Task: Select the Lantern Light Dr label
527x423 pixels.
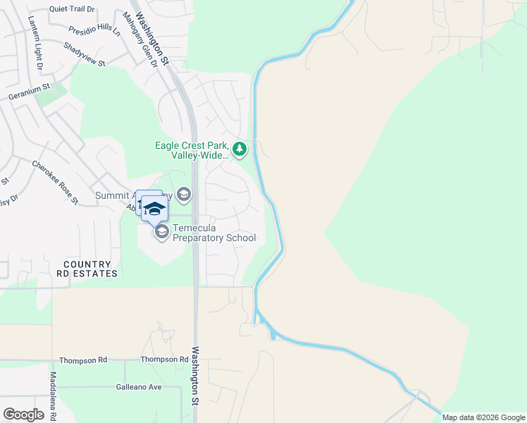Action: click(x=35, y=44)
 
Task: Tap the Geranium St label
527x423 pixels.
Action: click(x=29, y=92)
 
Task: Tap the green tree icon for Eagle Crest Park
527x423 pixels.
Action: click(x=240, y=149)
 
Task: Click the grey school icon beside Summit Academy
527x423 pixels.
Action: click(x=184, y=195)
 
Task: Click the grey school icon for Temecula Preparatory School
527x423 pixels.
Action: click(x=162, y=232)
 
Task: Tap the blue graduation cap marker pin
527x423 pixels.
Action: click(x=154, y=208)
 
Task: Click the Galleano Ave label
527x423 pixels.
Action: click(x=139, y=387)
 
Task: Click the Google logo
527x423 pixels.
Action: click(x=23, y=415)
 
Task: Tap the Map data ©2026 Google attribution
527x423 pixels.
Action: click(x=483, y=417)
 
